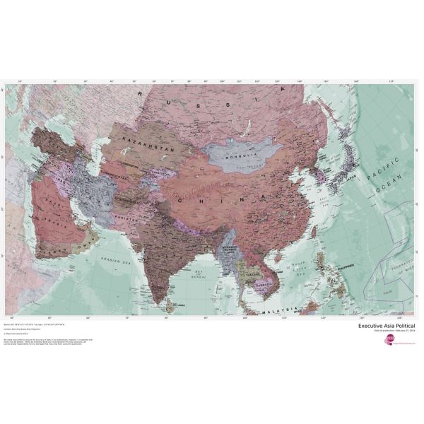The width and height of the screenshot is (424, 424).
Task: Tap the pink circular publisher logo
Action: pyautogui.click(x=389, y=341)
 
